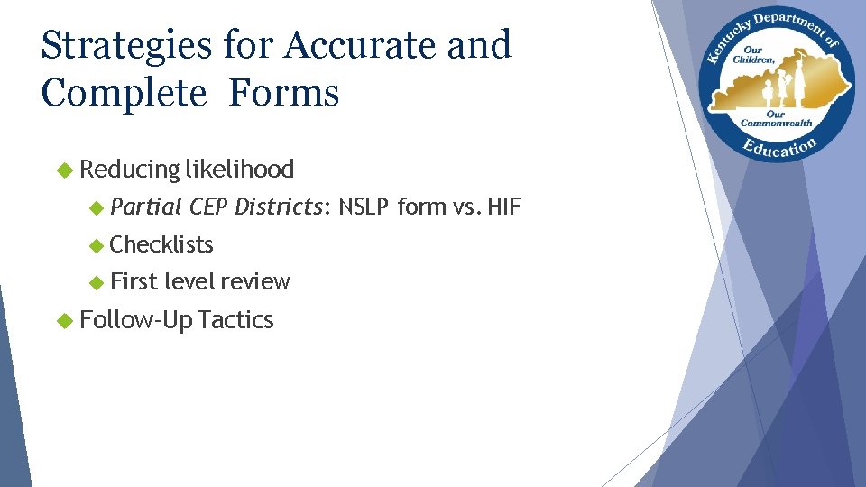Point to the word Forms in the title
click(284, 93)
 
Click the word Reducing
click(130, 170)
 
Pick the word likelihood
click(240, 170)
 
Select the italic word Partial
click(146, 207)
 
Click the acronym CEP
click(208, 207)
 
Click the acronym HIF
click(503, 207)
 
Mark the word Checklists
click(161, 244)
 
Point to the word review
click(256, 282)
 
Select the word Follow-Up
click(135, 320)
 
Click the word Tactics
click(235, 320)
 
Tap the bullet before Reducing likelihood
click(63, 170)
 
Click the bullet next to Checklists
click(97, 244)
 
